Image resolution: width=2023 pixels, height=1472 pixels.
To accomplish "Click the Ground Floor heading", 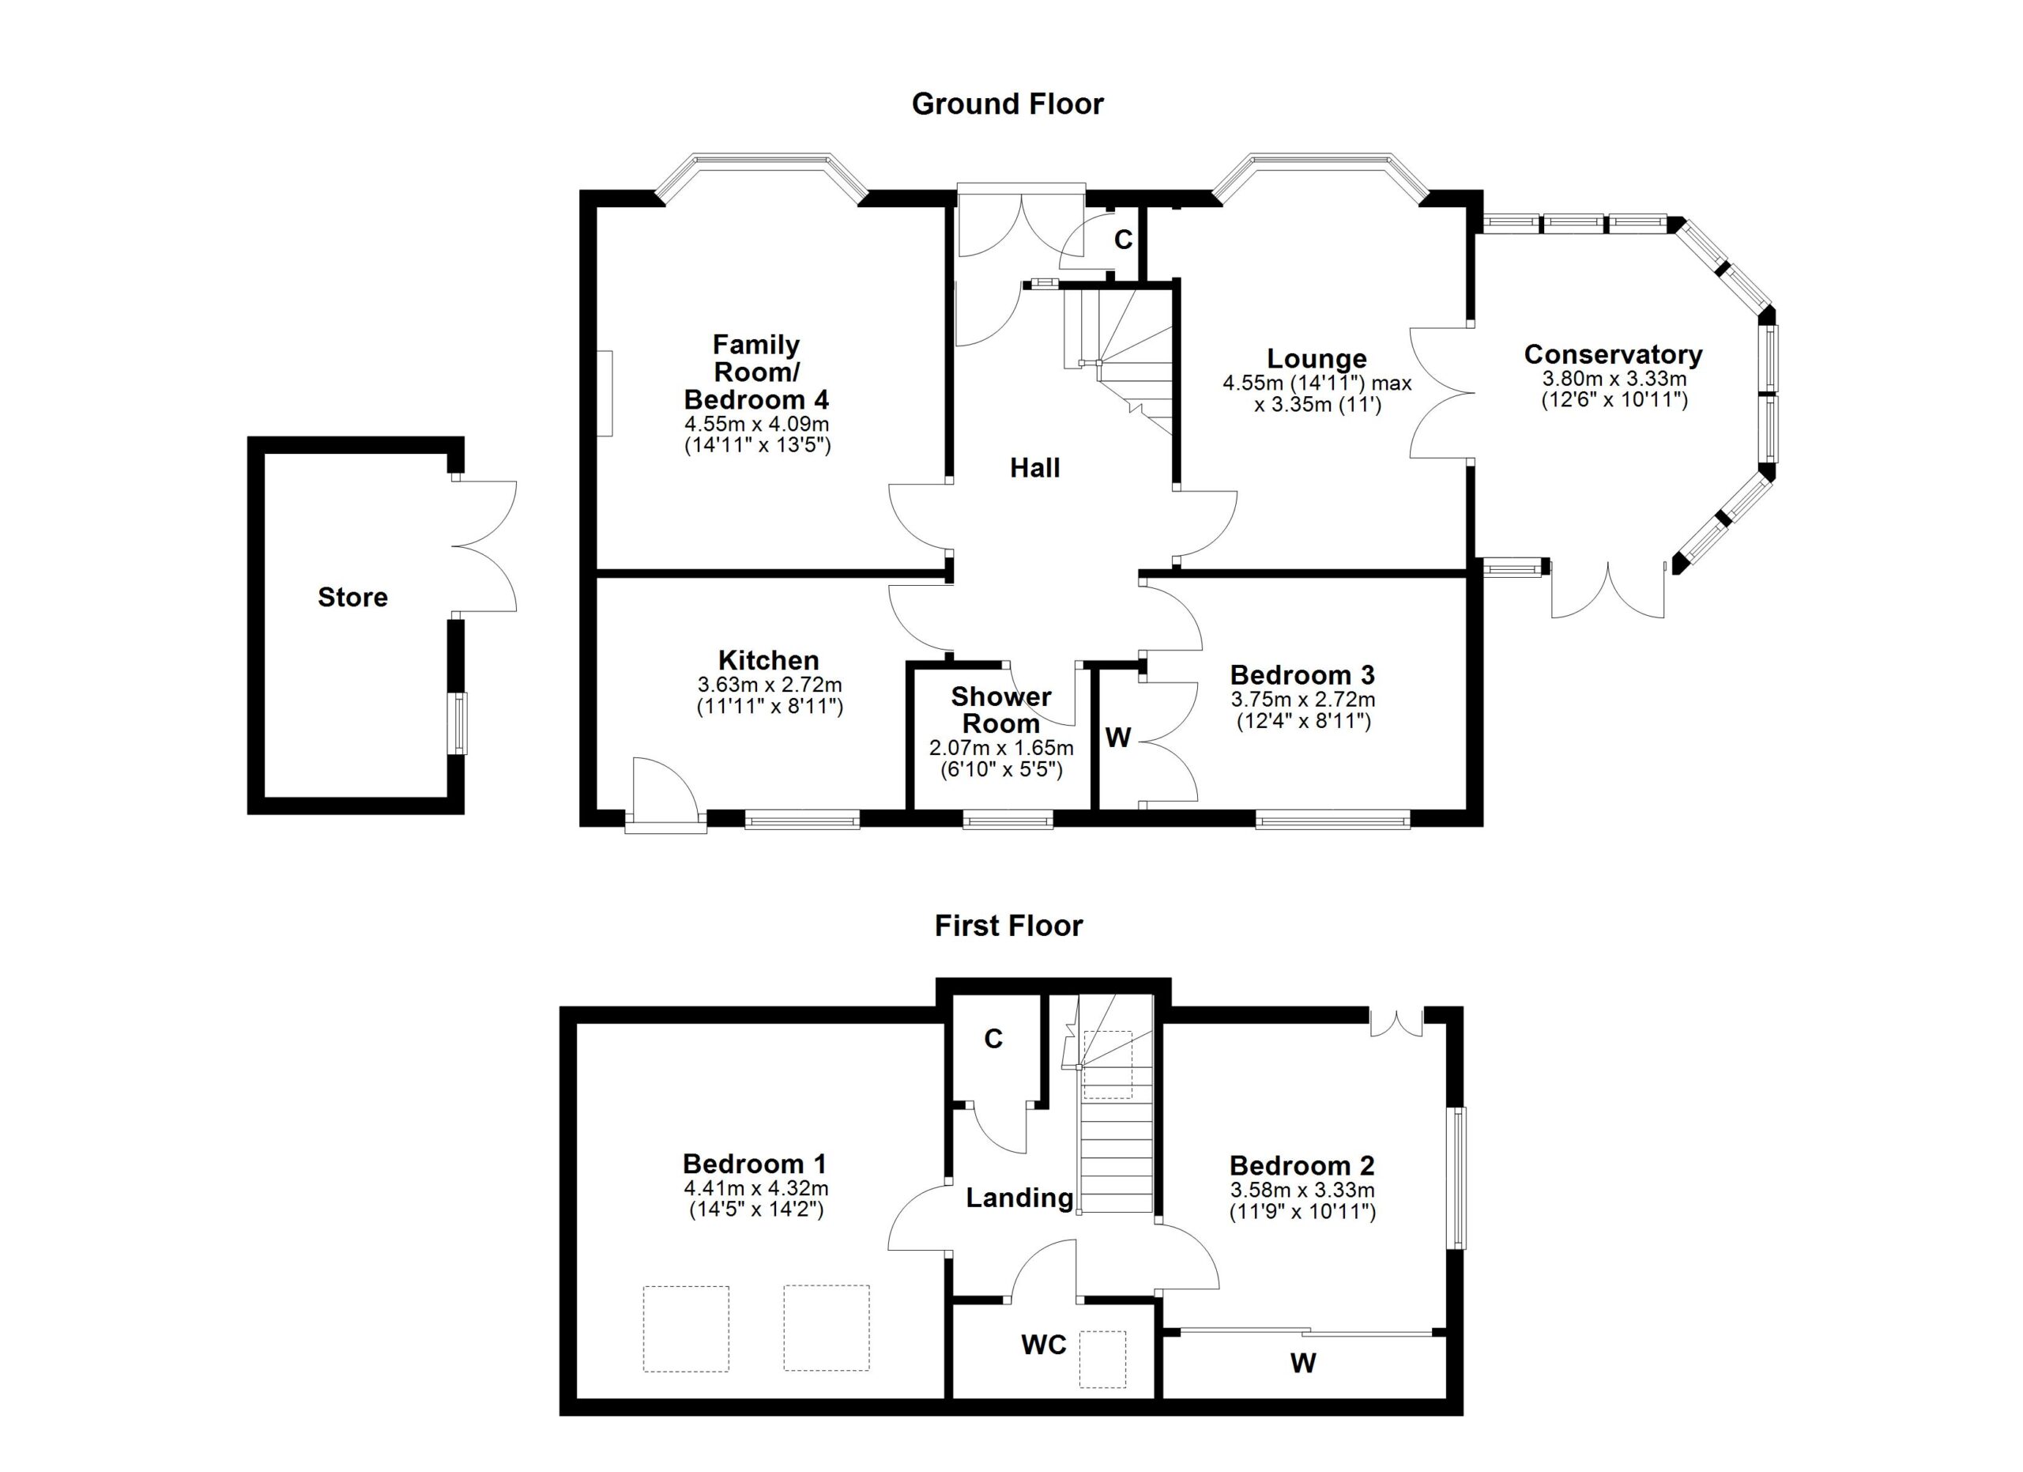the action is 1007,104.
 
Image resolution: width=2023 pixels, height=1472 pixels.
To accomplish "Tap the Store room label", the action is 352,597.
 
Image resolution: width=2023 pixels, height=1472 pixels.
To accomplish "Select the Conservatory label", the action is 1613,354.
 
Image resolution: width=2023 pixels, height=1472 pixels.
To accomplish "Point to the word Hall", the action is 1034,467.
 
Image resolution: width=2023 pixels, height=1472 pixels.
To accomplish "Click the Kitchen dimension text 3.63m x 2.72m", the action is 769,685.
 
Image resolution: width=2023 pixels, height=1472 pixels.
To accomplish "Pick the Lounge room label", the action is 1317,359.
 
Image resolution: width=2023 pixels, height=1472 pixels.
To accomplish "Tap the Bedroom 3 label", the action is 1302,674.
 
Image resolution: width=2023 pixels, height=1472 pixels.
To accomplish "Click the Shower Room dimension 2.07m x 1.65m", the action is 1000,748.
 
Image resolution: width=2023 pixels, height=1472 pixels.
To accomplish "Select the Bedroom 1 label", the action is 755,1164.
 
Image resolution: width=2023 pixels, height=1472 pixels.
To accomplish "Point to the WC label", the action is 1044,1345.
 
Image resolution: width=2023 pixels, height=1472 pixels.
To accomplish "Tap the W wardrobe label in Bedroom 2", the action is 1302,1362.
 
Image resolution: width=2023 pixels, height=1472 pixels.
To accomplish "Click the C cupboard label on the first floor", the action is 993,1039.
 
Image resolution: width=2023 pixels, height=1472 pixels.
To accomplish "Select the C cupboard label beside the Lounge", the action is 1123,240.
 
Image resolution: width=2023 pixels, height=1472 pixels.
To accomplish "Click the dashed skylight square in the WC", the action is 1102,1360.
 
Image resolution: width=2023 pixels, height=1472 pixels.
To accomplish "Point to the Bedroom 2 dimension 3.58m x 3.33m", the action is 1302,1189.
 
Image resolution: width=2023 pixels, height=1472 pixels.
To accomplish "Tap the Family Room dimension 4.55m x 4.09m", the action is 756,424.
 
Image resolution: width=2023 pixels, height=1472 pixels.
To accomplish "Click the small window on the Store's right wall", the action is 457,723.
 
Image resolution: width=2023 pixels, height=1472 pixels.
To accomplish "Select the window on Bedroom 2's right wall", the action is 1455,1178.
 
